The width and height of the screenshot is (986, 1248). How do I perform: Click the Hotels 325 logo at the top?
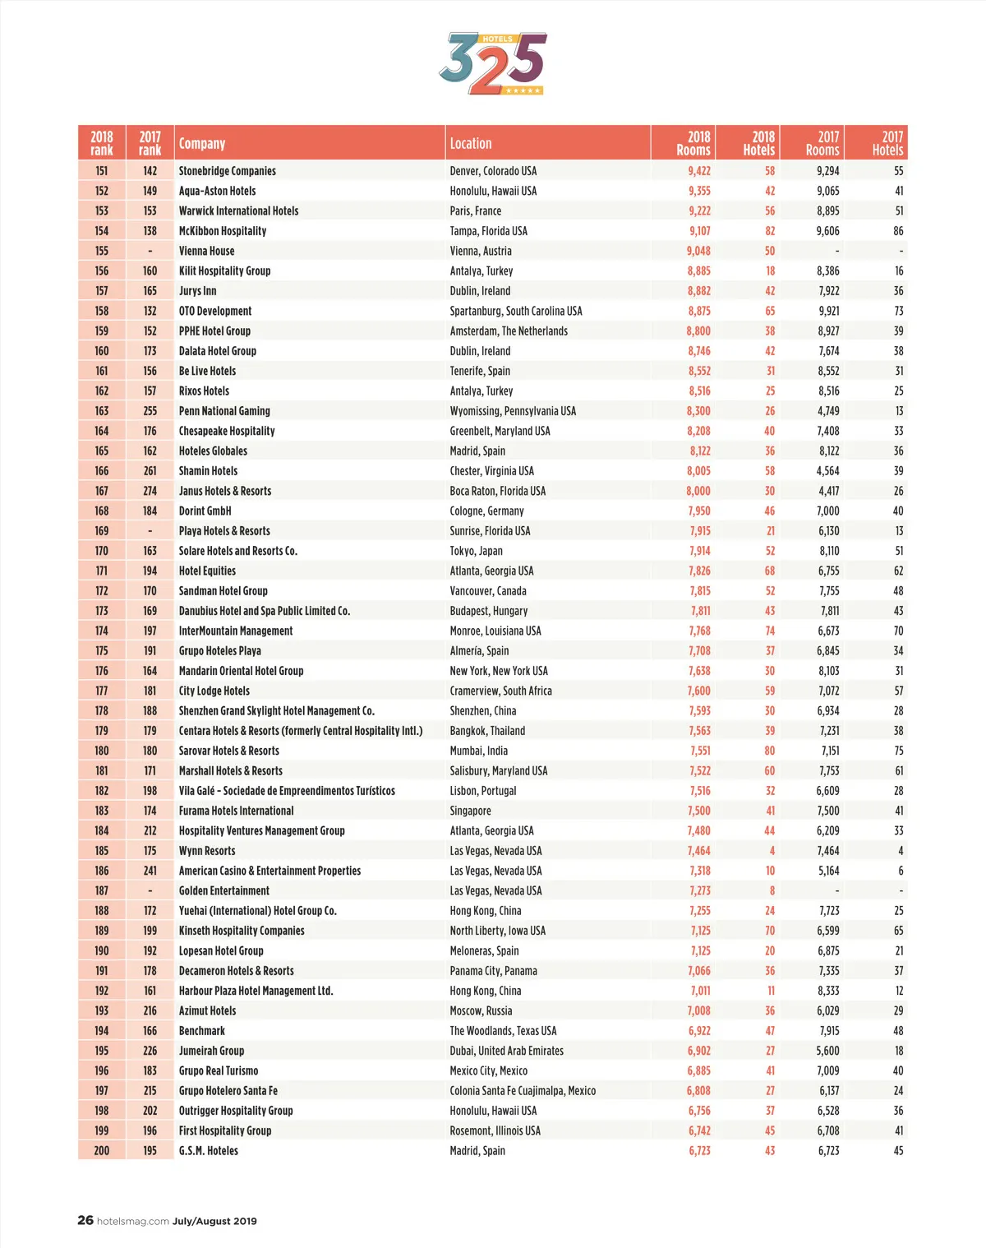pos(492,63)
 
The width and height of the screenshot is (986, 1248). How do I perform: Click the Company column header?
pos(202,144)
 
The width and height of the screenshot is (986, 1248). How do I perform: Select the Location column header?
pos(471,144)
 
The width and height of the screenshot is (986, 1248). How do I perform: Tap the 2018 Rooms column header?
pos(693,143)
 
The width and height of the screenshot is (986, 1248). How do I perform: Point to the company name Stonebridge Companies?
pos(228,171)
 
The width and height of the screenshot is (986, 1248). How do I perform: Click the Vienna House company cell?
pos(207,251)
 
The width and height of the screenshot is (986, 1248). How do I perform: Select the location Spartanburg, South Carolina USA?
pos(516,311)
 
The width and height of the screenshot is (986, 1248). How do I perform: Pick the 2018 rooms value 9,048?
pos(698,251)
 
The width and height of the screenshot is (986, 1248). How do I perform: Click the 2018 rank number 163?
pos(102,411)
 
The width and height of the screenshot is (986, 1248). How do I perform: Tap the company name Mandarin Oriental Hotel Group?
pos(241,671)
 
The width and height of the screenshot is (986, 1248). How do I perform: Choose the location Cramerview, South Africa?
pos(500,691)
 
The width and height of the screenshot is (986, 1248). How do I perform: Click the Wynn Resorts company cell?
pos(207,851)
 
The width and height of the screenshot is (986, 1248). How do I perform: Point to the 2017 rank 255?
pos(150,411)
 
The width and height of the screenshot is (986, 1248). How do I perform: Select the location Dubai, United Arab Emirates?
pos(506,1051)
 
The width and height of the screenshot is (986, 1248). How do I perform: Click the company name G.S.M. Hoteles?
pos(209,1151)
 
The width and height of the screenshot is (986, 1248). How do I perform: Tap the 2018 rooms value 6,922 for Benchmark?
pos(699,1031)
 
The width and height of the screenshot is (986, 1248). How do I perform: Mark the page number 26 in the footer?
pos(85,1220)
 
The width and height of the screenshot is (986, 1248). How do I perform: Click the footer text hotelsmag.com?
pos(133,1221)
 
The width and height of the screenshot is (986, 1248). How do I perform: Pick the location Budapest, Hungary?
pos(489,611)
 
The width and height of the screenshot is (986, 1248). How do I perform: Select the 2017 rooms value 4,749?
pos(828,411)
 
